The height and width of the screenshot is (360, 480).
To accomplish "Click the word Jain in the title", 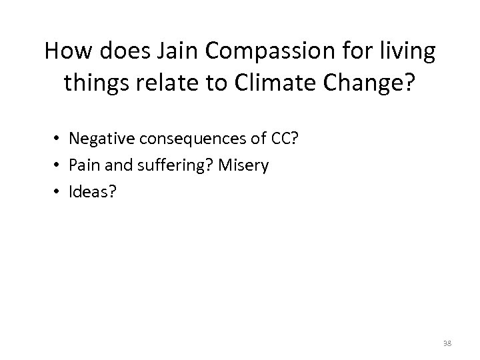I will click(172, 51).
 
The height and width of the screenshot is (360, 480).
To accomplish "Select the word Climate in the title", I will click(285, 83).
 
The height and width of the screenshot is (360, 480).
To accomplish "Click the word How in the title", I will click(65, 51).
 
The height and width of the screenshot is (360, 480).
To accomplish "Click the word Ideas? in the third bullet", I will click(91, 191).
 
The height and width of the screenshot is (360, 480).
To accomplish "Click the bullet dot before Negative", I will click(58, 140).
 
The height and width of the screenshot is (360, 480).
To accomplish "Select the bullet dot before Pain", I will click(58, 166).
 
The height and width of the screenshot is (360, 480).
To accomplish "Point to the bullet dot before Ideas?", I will click(58, 192).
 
